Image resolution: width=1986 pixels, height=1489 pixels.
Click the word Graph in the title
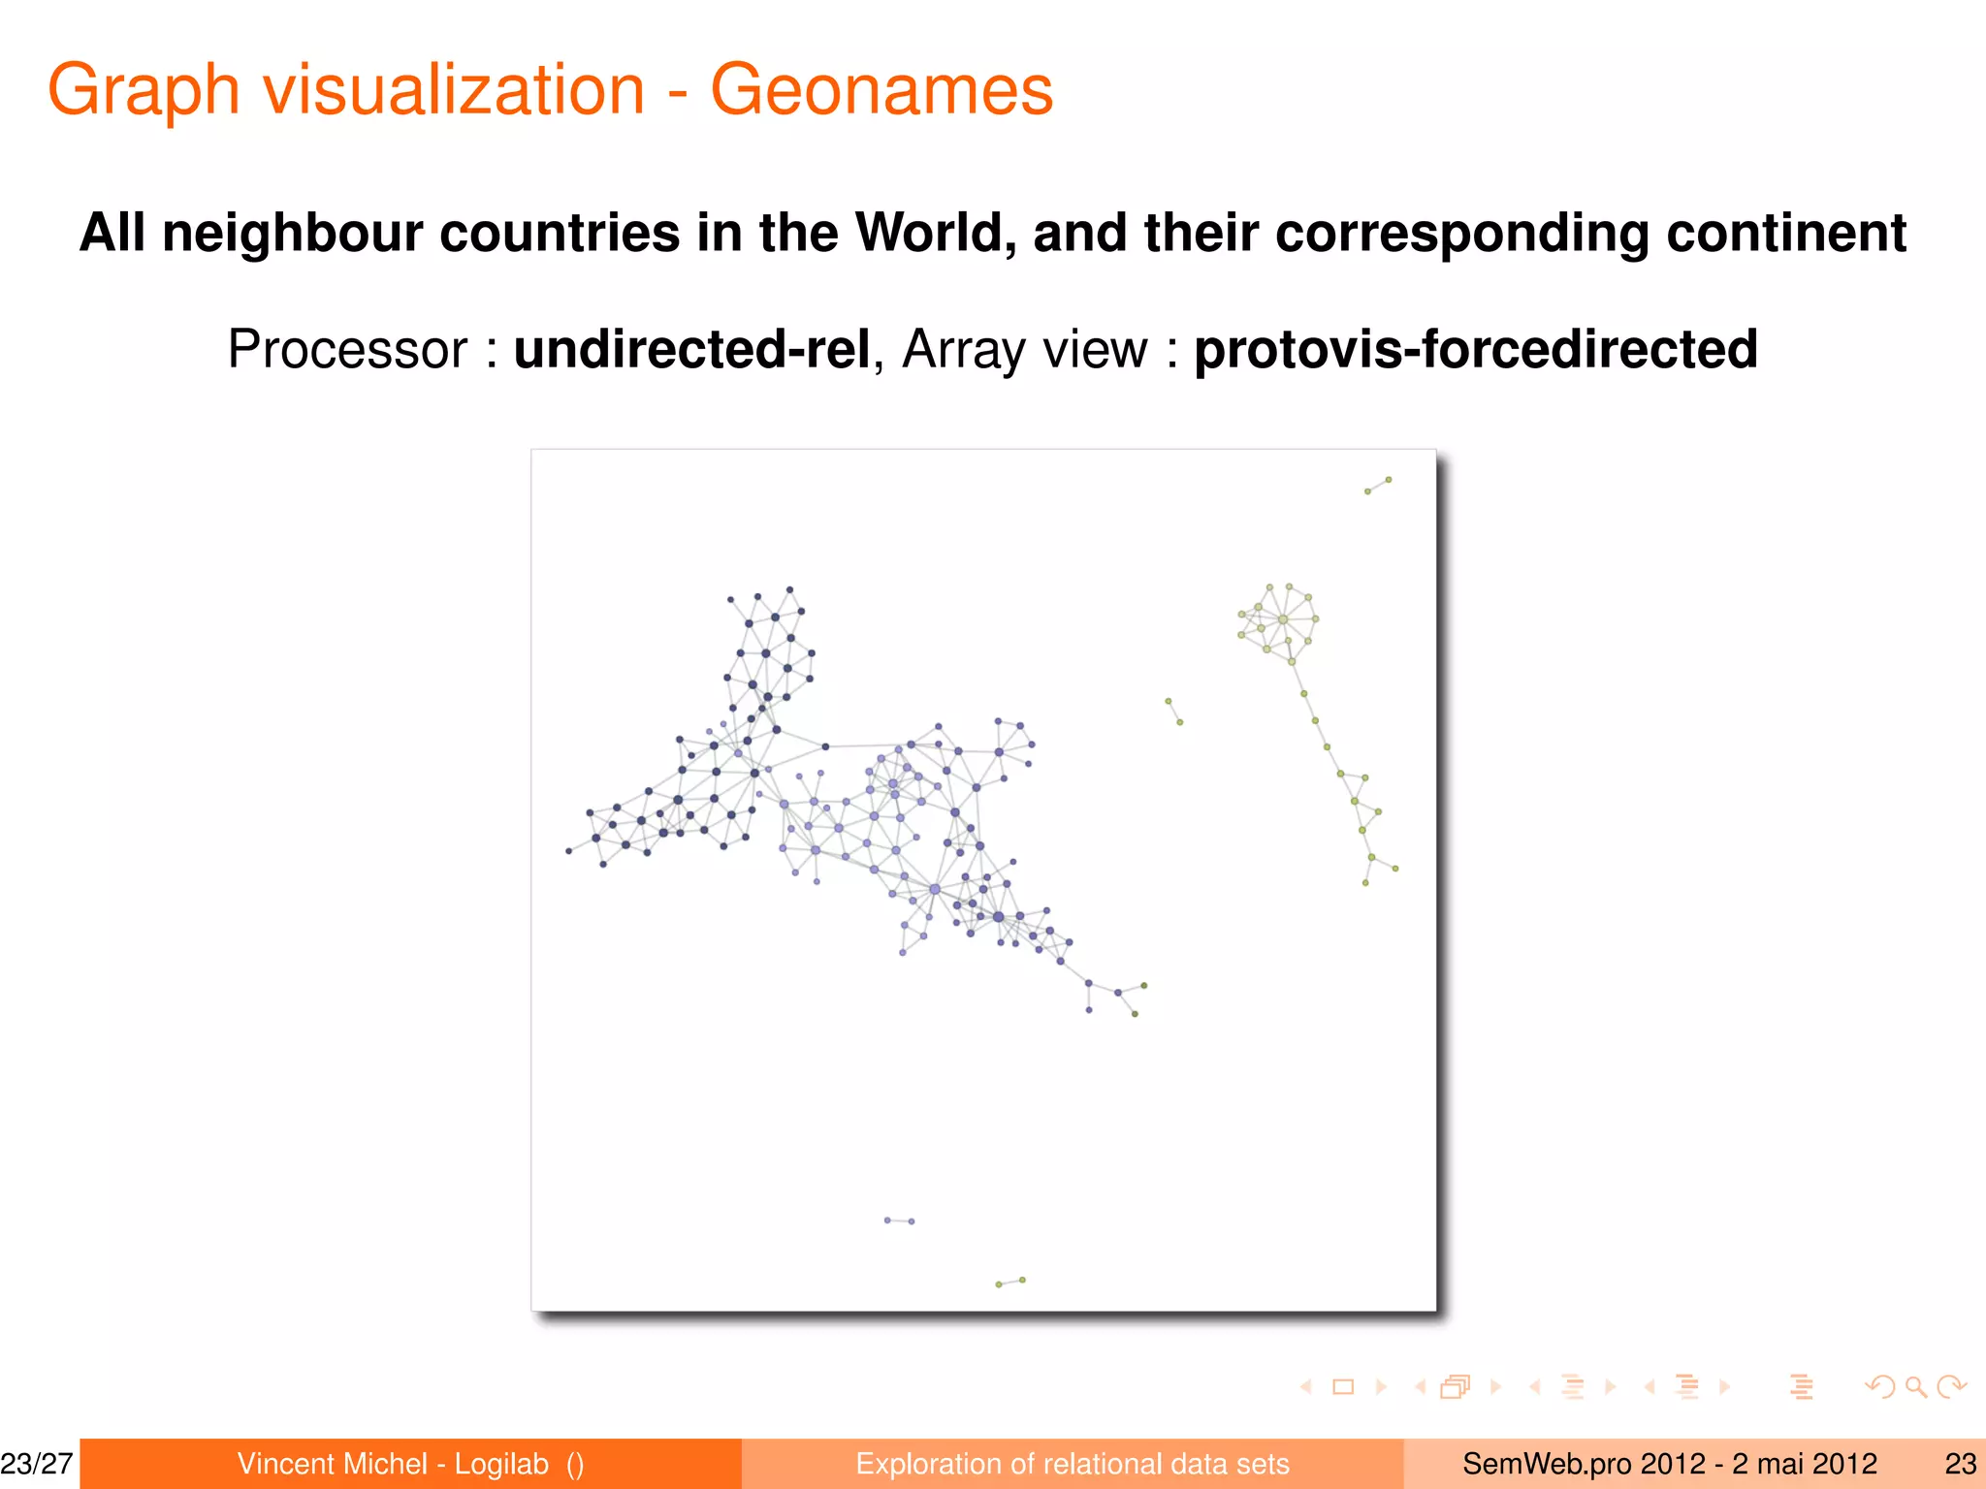coord(144,90)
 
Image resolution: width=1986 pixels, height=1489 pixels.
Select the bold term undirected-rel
coord(691,350)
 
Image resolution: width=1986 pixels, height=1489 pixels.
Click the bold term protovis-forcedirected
coord(1475,350)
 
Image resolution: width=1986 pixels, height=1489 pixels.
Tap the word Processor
coord(347,350)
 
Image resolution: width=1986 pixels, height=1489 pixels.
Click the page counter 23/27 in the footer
coord(37,1464)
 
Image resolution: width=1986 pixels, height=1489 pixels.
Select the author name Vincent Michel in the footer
coord(333,1464)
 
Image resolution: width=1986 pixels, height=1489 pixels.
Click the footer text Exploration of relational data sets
coord(1073,1464)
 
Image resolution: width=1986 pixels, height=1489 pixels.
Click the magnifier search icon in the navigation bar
coord(1915,1386)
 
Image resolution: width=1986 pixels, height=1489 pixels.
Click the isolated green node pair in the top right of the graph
coord(1378,486)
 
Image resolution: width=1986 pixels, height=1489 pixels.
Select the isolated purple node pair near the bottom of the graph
coord(899,1220)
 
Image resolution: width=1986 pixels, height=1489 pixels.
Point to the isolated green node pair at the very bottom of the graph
coord(1010,1283)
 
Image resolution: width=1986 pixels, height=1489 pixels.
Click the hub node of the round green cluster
coord(1283,619)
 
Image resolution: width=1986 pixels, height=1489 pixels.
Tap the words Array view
coord(1025,350)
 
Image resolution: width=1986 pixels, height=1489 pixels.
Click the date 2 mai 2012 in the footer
coord(1805,1464)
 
